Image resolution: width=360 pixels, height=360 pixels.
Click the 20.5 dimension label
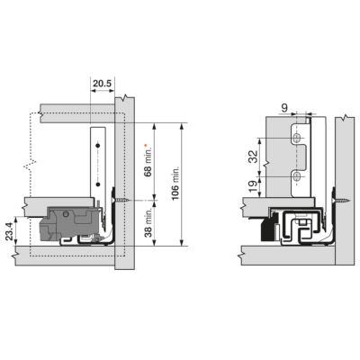(102, 84)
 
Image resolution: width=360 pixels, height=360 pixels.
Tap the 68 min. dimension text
(148, 162)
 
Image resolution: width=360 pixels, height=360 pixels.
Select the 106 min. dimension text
(175, 182)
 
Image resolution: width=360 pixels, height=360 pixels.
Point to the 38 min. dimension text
(148, 222)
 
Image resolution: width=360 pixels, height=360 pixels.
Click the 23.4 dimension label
(10, 230)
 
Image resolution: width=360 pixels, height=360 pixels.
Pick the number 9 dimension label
(285, 108)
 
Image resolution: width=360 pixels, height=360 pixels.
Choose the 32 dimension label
(254, 157)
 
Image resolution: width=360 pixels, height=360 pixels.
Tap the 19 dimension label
(254, 186)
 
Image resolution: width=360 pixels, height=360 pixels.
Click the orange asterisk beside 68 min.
(146, 145)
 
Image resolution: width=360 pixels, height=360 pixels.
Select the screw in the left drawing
(121, 200)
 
